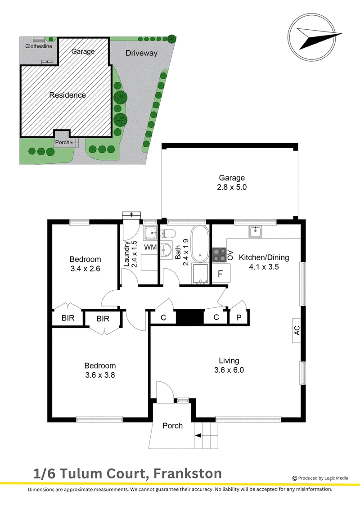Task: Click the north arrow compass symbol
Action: pos(312,37)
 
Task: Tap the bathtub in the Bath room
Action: pos(200,243)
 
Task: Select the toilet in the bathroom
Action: pos(168,233)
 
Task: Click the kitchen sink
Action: pos(256,232)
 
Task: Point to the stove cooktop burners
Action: pos(220,255)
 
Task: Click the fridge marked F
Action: pos(221,273)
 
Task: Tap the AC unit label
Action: pos(297,330)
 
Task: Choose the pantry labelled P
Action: pos(239,317)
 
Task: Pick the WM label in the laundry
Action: pos(150,248)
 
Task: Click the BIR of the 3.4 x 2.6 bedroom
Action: pos(68,318)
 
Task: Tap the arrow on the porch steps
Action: pos(198,436)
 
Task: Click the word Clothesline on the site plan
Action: pos(39,46)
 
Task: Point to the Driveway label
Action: pos(142,53)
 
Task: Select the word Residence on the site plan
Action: pos(67,95)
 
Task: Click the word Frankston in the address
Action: pos(187,473)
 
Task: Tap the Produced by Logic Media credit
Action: pos(320,478)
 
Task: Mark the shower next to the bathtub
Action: pos(200,273)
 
